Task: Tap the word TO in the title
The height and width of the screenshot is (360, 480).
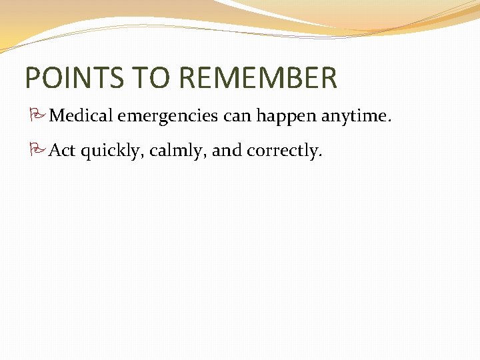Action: tap(158, 78)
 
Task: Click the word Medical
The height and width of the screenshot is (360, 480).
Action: tap(83, 116)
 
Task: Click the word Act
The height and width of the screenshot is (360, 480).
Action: tap(63, 151)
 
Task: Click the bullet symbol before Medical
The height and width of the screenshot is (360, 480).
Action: tap(37, 117)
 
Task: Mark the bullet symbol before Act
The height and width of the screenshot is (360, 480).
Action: tap(37, 151)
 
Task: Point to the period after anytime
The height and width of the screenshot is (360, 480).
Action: tap(389, 121)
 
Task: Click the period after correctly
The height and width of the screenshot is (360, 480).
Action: tap(321, 155)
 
